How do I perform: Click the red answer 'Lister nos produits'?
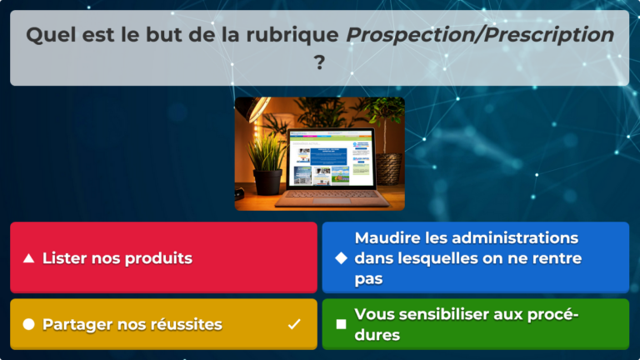point(163,257)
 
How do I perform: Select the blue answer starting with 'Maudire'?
point(475,257)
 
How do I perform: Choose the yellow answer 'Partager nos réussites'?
point(163,324)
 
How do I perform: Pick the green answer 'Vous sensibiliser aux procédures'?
point(475,324)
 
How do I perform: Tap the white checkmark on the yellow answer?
point(294,324)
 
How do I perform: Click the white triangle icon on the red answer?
point(28,258)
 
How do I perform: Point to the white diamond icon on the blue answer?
point(341,258)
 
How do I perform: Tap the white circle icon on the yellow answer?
point(28,324)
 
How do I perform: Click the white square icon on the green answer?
point(341,324)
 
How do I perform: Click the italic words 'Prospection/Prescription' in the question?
point(480,35)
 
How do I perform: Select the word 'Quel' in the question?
point(48,35)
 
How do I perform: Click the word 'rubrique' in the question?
point(299,35)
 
